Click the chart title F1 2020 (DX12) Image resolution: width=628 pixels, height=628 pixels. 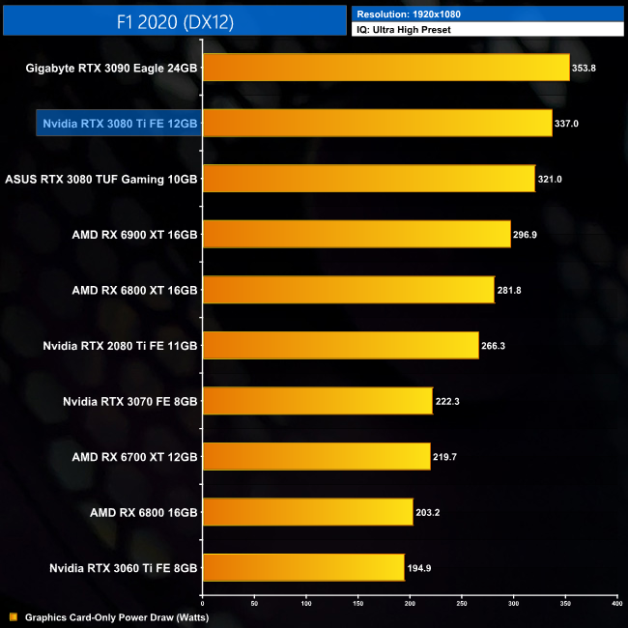coord(175,19)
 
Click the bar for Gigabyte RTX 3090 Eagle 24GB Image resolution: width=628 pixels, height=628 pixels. coord(385,68)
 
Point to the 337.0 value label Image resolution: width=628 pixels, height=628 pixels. coord(568,124)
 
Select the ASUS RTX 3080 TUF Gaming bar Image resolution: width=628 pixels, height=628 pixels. coord(368,179)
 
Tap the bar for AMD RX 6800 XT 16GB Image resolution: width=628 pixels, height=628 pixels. coord(348,290)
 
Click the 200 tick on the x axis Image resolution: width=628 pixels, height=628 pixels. coord(410,604)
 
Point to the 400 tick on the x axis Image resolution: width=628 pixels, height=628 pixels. coord(616,604)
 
